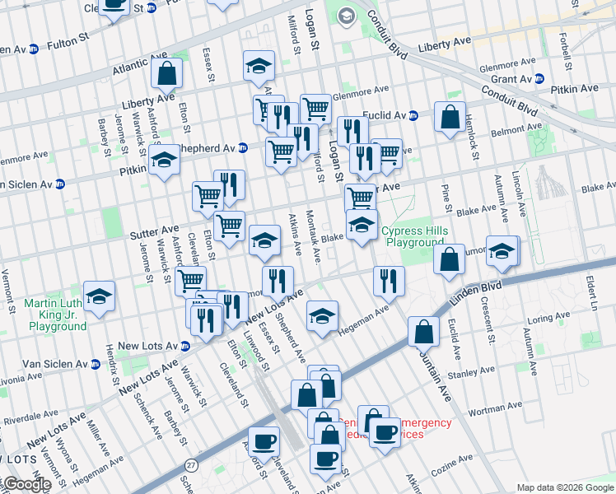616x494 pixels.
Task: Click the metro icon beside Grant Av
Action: pos(539,79)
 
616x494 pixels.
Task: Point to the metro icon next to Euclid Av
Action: pos(413,115)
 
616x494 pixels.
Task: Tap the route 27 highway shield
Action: pos(190,465)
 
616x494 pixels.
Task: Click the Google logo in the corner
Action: pos(26,484)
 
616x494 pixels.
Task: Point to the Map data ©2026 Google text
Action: pos(565,487)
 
